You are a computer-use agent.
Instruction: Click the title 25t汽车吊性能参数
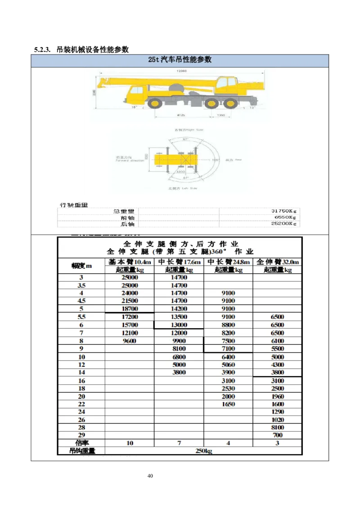coord(180,60)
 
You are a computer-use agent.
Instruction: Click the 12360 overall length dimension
coord(181,71)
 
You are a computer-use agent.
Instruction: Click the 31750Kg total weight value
coord(284,211)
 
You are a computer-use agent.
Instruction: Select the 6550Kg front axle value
coord(286,217)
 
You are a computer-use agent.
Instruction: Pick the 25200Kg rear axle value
coord(284,223)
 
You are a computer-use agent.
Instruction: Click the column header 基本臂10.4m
coord(130,262)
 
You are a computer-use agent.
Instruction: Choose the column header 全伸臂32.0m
coord(277,262)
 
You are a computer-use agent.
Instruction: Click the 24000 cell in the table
coord(130,293)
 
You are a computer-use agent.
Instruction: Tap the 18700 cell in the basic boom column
coord(130,309)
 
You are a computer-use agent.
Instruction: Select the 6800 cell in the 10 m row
coord(179,357)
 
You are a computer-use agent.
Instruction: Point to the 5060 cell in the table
coord(228,365)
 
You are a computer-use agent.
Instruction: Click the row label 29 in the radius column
coord(81,435)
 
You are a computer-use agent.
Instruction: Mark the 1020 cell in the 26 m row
coord(278,420)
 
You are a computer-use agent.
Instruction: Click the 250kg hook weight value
coord(203,451)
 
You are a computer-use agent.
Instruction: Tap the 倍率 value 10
coord(130,443)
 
